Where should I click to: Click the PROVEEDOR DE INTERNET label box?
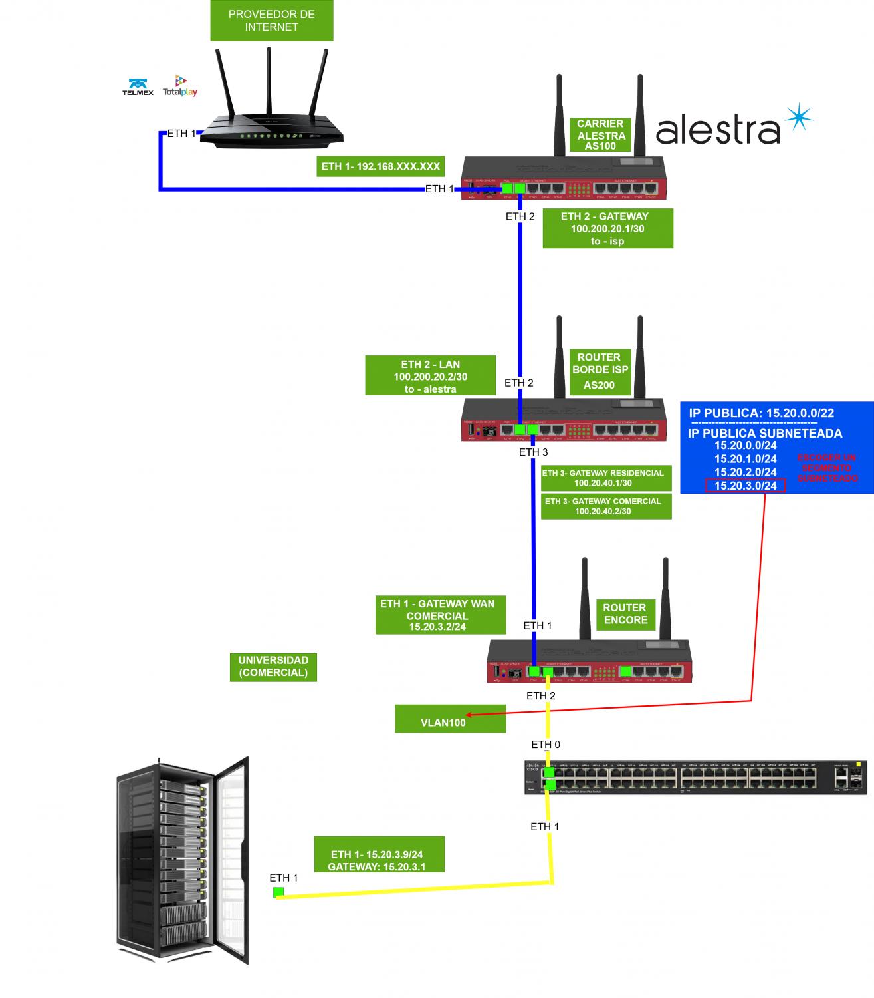[271, 21]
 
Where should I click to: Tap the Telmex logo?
[138, 87]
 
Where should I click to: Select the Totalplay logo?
[180, 86]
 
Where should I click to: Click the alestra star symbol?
[798, 118]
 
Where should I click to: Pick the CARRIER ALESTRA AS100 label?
[600, 135]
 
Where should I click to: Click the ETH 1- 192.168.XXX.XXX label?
[380, 166]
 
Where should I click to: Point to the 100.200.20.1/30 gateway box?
[607, 228]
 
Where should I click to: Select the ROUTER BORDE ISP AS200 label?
[599, 371]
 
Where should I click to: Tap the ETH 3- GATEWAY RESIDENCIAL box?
[603, 478]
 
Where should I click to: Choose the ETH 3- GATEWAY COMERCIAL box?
[603, 506]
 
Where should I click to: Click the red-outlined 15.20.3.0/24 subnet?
[745, 486]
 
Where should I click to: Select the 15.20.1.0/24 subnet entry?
[745, 458]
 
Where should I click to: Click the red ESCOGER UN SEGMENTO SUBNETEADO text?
[827, 468]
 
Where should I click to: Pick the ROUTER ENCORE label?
[625, 613]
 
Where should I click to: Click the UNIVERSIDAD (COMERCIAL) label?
[273, 666]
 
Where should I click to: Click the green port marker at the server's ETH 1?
[278, 892]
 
